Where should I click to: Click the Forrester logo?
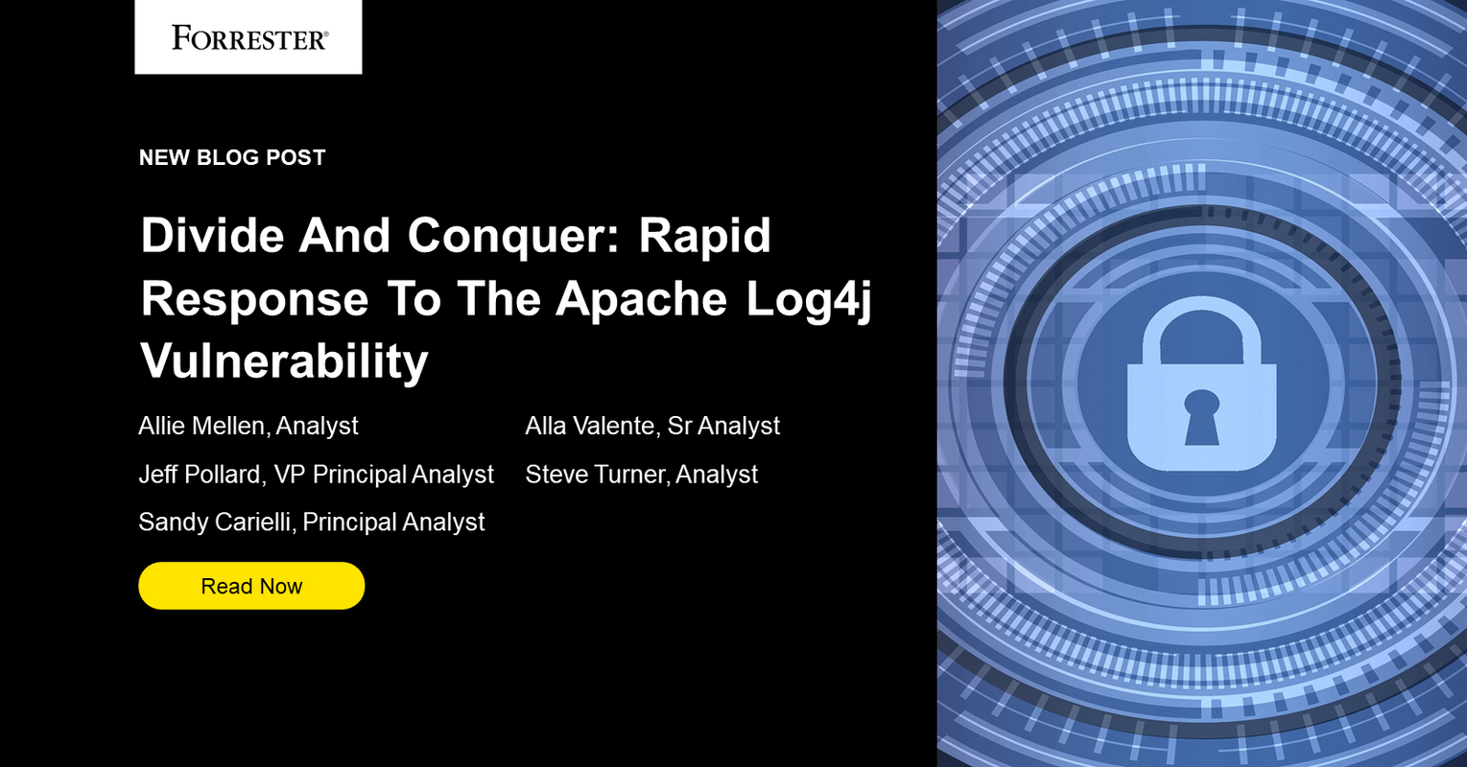[248, 37]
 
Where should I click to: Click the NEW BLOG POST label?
[232, 157]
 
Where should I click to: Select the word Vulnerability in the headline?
[284, 361]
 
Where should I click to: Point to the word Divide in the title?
[212, 236]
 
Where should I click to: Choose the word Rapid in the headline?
[705, 236]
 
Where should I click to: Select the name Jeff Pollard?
[200, 475]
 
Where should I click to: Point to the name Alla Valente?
[589, 426]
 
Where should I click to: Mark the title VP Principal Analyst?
[384, 475]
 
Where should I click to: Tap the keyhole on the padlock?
[1201, 417]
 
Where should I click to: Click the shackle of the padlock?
[1201, 327]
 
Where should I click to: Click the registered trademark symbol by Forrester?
[324, 33]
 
